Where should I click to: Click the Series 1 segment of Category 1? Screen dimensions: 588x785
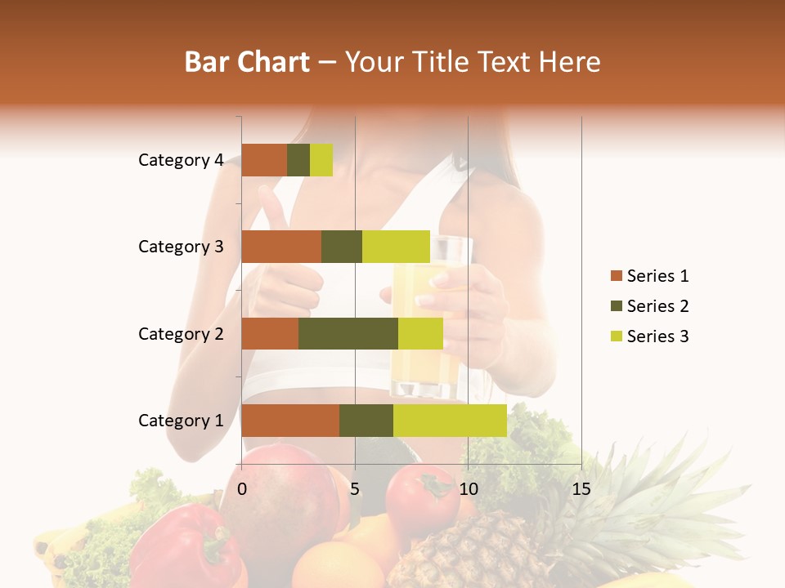pyautogui.click(x=290, y=421)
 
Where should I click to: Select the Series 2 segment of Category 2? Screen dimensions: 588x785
pyautogui.click(x=348, y=333)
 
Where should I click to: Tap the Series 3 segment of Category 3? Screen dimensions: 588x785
pyautogui.click(x=396, y=247)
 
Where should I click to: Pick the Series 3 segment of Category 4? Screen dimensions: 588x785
pyautogui.click(x=321, y=160)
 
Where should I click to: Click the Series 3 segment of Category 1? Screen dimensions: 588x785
pyautogui.click(x=450, y=421)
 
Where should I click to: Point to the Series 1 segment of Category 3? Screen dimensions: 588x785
pyautogui.click(x=281, y=247)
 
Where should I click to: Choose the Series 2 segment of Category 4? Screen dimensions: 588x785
pyautogui.click(x=298, y=160)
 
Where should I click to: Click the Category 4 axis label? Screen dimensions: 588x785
pyautogui.click(x=181, y=160)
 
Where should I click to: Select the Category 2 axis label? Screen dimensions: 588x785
pyautogui.click(x=181, y=333)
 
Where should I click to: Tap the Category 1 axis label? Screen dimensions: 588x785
pyautogui.click(x=181, y=421)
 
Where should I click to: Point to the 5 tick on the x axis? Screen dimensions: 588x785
pyautogui.click(x=355, y=489)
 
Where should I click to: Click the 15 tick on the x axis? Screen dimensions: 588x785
pyautogui.click(x=581, y=489)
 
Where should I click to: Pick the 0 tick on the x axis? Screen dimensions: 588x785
pyautogui.click(x=242, y=489)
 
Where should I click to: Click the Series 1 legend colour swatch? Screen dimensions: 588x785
pyautogui.click(x=616, y=276)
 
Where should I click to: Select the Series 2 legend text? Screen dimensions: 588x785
pyautogui.click(x=657, y=306)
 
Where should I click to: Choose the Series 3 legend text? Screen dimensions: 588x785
pyautogui.click(x=657, y=336)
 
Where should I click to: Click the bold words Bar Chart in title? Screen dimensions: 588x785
pyautogui.click(x=247, y=61)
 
